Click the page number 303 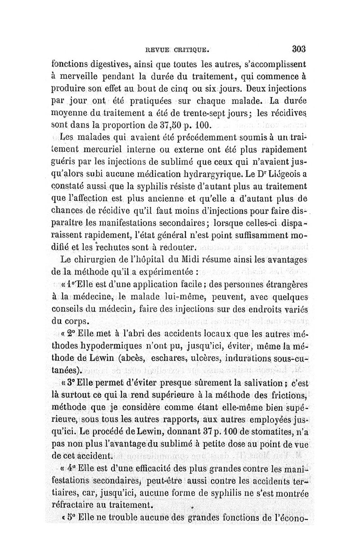coord(298,49)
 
